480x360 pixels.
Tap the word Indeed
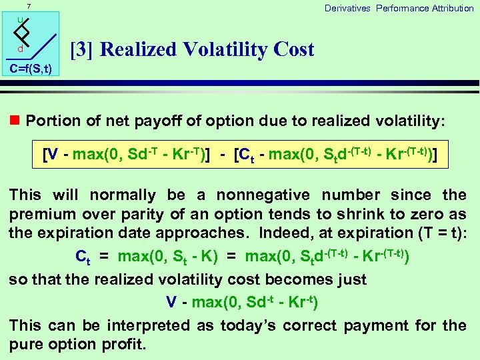[x=305, y=233]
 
